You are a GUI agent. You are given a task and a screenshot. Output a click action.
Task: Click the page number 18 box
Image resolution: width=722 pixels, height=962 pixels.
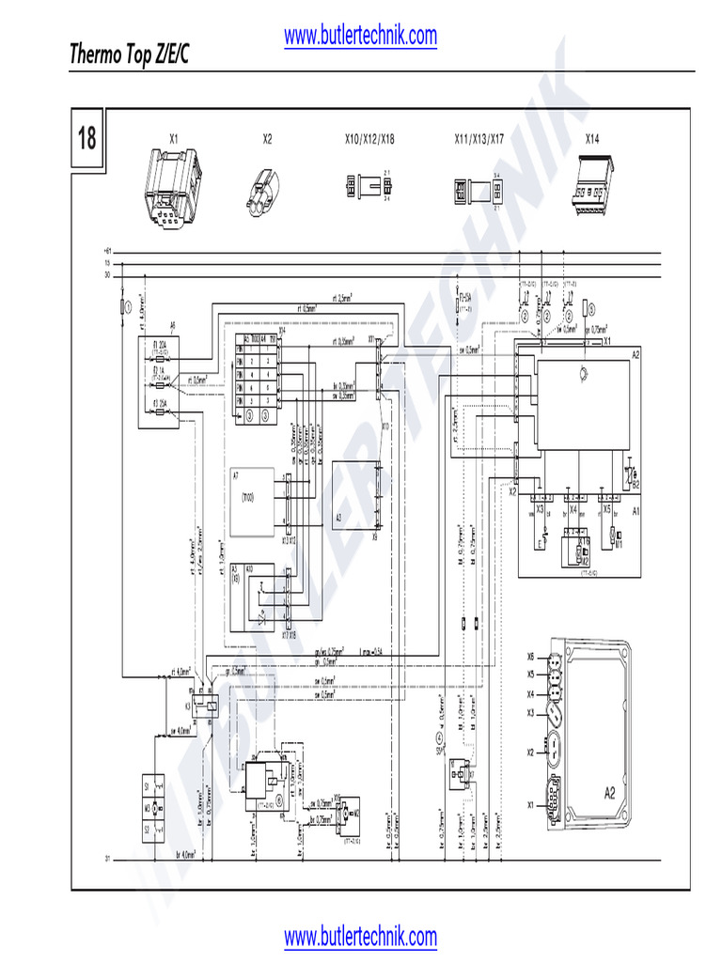click(87, 140)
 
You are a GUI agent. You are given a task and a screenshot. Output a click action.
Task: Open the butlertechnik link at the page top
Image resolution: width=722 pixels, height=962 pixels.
click(360, 36)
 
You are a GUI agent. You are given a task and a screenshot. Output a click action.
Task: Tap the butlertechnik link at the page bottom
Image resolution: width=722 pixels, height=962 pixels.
click(360, 937)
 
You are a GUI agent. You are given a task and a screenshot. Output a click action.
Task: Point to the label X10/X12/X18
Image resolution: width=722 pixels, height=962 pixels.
click(369, 139)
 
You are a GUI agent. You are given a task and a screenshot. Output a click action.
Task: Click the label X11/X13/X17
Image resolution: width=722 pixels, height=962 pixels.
click(479, 139)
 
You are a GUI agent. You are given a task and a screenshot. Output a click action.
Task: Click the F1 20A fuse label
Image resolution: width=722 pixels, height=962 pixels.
click(161, 345)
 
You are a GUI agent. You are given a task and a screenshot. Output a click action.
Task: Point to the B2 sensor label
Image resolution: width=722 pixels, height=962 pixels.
click(636, 485)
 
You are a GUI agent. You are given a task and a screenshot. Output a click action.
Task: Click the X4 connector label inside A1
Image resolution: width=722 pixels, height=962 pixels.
click(573, 508)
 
